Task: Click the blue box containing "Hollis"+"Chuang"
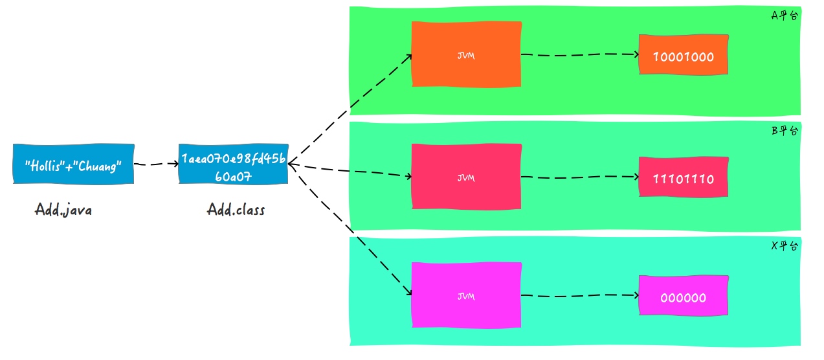pyautogui.click(x=72, y=164)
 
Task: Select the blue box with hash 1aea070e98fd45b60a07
pyautogui.click(x=233, y=164)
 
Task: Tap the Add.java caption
pyautogui.click(x=63, y=211)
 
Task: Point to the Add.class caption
pyautogui.click(x=236, y=210)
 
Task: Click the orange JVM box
pyautogui.click(x=466, y=54)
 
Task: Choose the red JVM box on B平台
pyautogui.click(x=466, y=177)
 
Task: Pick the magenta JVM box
pyautogui.click(x=466, y=296)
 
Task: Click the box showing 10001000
pyautogui.click(x=683, y=55)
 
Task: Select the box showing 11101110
pyautogui.click(x=683, y=177)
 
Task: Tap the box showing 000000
pyautogui.click(x=683, y=297)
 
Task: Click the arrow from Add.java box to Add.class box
pyautogui.click(x=156, y=164)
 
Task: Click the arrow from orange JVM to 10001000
pyautogui.click(x=579, y=55)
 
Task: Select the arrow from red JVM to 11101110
pyautogui.click(x=579, y=177)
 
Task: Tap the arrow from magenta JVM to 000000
pyautogui.click(x=579, y=297)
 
